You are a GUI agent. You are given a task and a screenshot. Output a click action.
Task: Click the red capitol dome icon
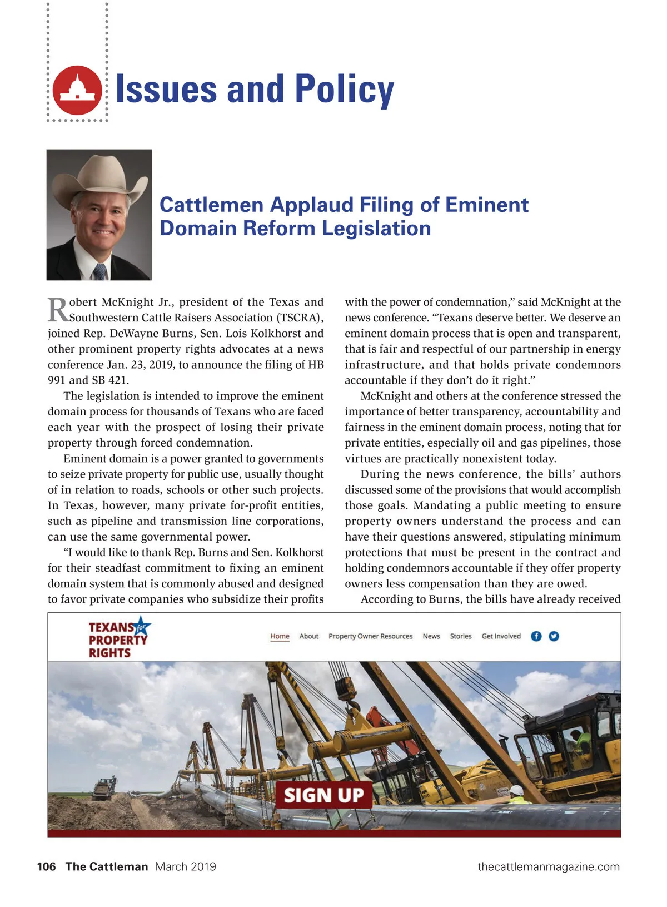click(x=78, y=90)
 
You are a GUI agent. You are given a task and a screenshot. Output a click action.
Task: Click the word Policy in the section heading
click(x=344, y=90)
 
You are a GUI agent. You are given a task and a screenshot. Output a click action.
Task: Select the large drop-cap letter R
click(x=57, y=310)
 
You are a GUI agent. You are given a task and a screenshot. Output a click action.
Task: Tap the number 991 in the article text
click(x=56, y=380)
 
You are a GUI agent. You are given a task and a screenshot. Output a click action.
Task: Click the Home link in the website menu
click(x=280, y=636)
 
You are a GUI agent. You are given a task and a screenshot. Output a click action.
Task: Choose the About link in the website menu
click(x=309, y=636)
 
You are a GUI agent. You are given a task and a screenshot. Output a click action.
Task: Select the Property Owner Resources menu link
click(x=370, y=636)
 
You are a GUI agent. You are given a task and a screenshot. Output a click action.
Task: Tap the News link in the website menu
click(x=431, y=636)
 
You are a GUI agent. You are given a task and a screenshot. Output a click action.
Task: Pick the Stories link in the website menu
click(x=461, y=636)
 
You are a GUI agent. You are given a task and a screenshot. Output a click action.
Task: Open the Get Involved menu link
click(x=501, y=636)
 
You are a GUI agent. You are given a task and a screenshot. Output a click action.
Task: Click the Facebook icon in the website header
click(x=536, y=636)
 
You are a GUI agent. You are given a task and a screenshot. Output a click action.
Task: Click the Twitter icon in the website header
click(x=554, y=636)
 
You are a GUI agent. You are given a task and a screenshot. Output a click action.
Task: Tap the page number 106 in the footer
click(x=47, y=866)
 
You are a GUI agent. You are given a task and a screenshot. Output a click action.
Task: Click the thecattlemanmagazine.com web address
click(x=549, y=866)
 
